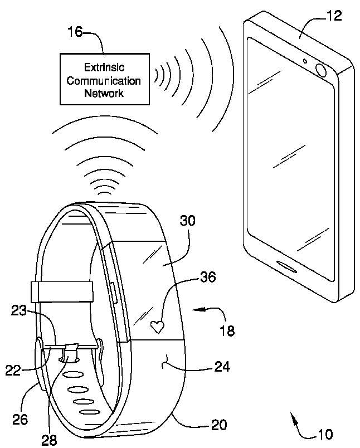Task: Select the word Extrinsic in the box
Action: click(103, 68)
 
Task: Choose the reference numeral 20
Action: click(218, 426)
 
